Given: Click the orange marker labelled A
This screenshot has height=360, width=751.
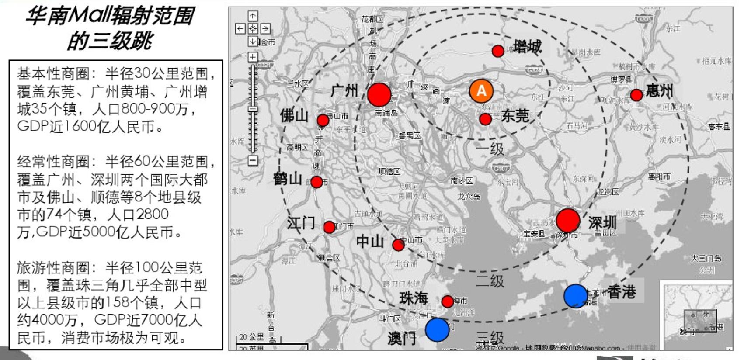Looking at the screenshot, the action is coord(481,90).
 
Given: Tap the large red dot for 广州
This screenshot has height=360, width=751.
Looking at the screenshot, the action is coord(379,94).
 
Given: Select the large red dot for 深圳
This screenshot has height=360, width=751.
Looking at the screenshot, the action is coord(568,220).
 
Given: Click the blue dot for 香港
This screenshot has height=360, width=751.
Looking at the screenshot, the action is coord(576,296).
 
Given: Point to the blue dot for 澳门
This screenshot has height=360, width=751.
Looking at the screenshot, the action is coord(437,329).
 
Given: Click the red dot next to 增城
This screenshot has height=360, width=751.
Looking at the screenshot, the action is coord(497,51).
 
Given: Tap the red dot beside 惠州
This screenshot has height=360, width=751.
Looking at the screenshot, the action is coord(636,95).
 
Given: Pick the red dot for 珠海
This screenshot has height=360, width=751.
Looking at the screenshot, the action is coord(447,301).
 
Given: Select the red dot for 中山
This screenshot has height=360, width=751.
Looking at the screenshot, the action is coord(398,245).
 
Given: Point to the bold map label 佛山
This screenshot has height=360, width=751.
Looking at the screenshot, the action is coord(294,116).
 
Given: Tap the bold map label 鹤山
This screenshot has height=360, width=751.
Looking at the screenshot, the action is coord(287,179).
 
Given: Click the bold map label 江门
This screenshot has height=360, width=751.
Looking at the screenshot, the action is coord(301,223).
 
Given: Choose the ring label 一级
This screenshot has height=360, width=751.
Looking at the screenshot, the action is coord(490,149).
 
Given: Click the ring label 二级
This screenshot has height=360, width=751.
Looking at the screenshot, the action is coord(490,281).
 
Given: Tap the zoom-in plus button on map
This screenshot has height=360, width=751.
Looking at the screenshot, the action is coord(253,57).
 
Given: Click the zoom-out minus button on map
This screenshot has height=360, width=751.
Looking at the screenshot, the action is coord(253,161).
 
